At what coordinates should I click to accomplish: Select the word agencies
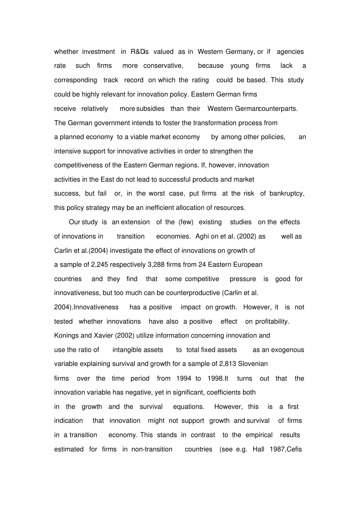point(290,52)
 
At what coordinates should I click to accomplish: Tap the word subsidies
point(150,108)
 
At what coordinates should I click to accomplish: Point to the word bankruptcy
point(287,193)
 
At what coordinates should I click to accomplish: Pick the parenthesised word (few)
point(186,222)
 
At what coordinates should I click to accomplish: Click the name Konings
point(66,336)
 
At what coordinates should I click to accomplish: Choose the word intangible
point(138,350)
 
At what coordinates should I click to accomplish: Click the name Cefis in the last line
point(294,449)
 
